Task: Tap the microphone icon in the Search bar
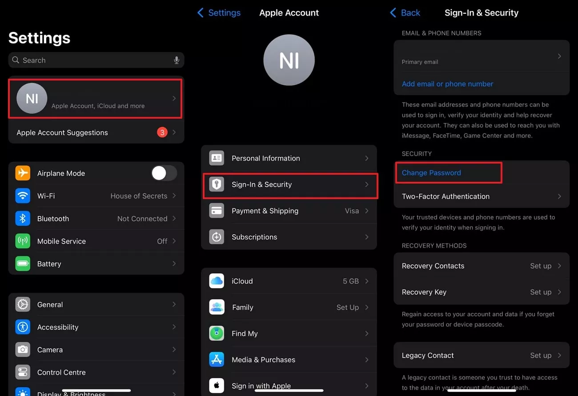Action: click(x=177, y=60)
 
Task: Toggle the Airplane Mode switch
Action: click(x=164, y=173)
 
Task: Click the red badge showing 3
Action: click(x=162, y=132)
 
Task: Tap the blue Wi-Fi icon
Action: click(x=23, y=196)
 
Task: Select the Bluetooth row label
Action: click(x=53, y=219)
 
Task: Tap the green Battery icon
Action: click(x=23, y=264)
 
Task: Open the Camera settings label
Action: click(x=50, y=350)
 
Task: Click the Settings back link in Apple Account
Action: click(x=219, y=13)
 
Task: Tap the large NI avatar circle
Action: click(x=289, y=60)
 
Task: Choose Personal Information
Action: click(x=265, y=158)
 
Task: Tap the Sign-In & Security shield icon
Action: click(x=217, y=184)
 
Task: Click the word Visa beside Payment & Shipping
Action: click(x=352, y=211)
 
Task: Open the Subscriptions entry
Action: click(x=254, y=237)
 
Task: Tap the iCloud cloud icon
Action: click(x=217, y=281)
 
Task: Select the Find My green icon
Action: click(x=217, y=333)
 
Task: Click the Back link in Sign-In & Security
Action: click(x=405, y=13)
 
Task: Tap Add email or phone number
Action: click(x=447, y=84)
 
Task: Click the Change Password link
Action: click(x=431, y=173)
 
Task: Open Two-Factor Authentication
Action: click(x=446, y=196)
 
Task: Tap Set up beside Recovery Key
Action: click(x=540, y=292)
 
